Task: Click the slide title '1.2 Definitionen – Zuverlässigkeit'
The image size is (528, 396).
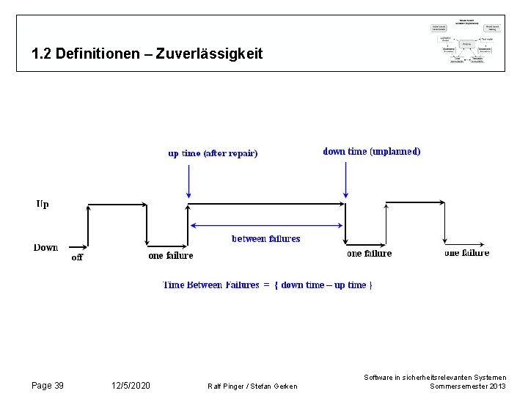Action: (147, 54)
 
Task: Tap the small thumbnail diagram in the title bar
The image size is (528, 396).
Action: (466, 42)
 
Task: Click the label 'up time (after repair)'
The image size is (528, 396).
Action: (213, 153)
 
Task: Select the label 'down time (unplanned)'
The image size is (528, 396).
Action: (372, 152)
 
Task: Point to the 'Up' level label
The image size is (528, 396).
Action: (43, 204)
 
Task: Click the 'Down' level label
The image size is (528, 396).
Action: (45, 247)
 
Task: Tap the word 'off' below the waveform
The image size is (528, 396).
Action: (77, 257)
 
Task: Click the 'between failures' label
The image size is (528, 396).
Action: (265, 239)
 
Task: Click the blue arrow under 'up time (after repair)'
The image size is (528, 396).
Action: (189, 181)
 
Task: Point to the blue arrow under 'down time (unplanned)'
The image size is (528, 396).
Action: (345, 180)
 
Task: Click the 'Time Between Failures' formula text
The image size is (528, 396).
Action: (267, 285)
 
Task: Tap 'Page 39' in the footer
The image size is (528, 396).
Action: (48, 386)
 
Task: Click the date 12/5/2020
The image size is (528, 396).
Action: (131, 386)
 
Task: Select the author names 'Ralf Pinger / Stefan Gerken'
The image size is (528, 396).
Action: (253, 386)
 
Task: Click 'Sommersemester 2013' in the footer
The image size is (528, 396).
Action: (467, 386)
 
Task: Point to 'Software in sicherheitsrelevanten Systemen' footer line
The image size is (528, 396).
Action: (435, 377)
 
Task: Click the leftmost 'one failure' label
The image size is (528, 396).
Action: (171, 256)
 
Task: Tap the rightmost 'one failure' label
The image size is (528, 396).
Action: (466, 253)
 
